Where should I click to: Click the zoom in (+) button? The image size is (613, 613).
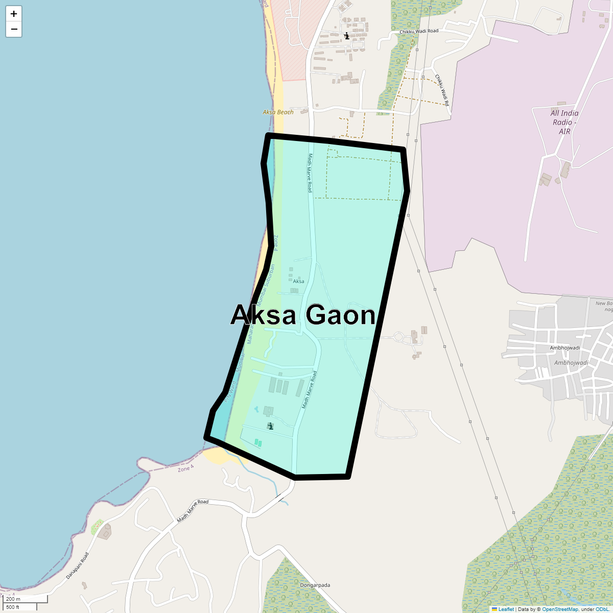click(14, 14)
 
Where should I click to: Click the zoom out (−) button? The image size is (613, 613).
click(14, 29)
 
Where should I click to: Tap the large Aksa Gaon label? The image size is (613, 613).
click(303, 315)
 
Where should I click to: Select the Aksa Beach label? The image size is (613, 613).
click(278, 112)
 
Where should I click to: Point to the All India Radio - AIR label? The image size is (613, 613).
click(564, 122)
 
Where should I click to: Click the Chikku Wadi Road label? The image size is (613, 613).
click(419, 31)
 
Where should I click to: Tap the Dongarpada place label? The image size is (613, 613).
click(315, 585)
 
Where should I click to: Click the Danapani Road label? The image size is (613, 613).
click(77, 565)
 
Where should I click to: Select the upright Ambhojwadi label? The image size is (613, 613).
click(564, 348)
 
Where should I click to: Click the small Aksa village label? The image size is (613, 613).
click(298, 281)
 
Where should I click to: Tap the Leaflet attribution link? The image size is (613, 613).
click(506, 609)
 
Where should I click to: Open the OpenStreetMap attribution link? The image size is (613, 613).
click(560, 609)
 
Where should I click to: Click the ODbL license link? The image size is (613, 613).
click(601, 609)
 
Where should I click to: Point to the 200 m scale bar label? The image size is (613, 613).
click(13, 599)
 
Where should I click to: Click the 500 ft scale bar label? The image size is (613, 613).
click(13, 607)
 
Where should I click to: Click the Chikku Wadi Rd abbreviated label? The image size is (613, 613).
click(442, 90)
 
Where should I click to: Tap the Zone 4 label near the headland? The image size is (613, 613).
click(185, 468)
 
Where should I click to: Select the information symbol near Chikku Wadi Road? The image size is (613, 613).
click(347, 36)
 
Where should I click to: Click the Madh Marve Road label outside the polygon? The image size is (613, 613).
click(193, 510)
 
